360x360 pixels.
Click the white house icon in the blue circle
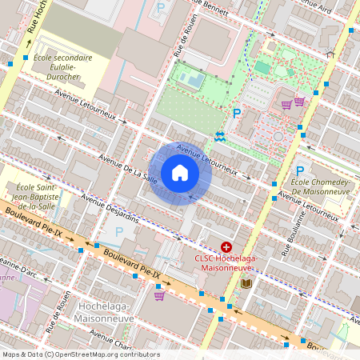click(x=180, y=173)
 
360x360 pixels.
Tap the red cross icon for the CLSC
click(x=226, y=248)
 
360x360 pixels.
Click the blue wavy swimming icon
click(x=219, y=136)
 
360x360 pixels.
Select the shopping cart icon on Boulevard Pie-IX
click(x=160, y=296)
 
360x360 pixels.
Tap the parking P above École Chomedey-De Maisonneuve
click(x=300, y=170)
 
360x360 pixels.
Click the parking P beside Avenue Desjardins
click(x=119, y=231)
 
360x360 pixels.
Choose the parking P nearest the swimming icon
click(x=236, y=114)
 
